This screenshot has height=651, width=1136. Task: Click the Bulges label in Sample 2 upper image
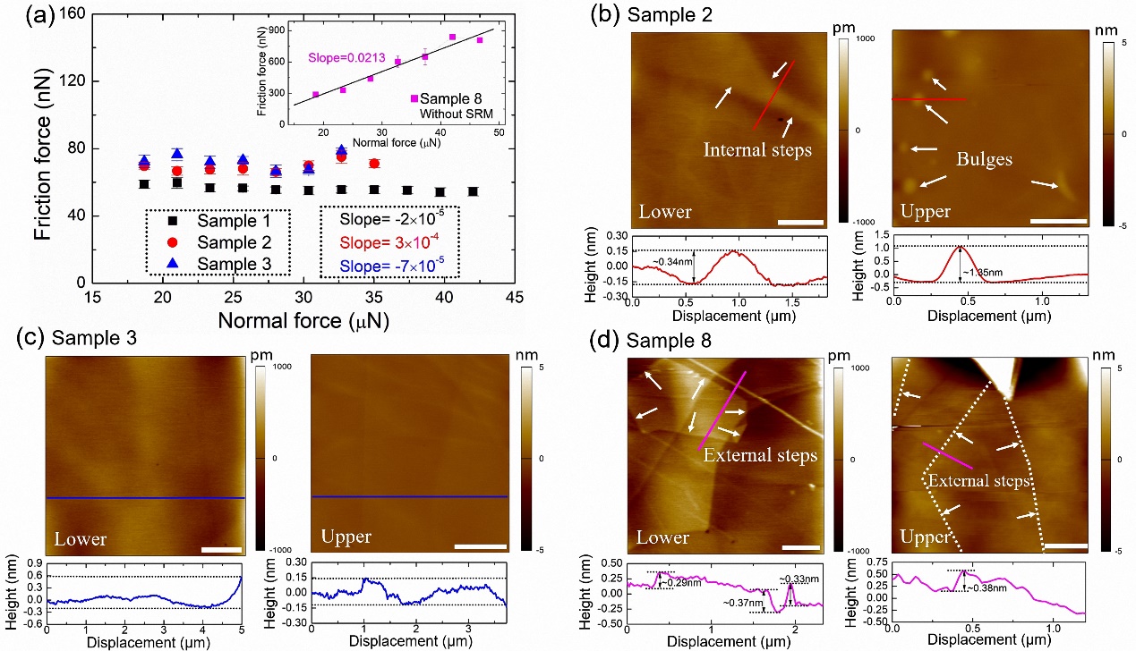[x=984, y=159]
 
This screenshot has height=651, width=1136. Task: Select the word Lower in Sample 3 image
[x=81, y=539]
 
